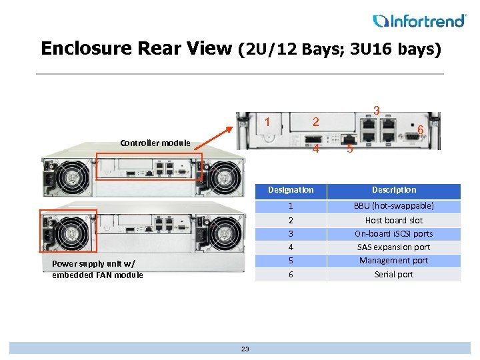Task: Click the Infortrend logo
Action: click(x=419, y=21)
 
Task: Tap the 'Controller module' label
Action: click(x=155, y=143)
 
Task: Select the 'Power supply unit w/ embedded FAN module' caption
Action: click(x=97, y=269)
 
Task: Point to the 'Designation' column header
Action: click(x=291, y=190)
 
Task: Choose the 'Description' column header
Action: click(x=393, y=190)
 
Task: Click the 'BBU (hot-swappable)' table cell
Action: click(x=393, y=206)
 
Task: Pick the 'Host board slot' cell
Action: click(x=393, y=220)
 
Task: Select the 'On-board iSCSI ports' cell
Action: click(x=393, y=234)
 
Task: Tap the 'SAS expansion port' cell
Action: click(x=393, y=247)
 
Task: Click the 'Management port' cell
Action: click(x=393, y=261)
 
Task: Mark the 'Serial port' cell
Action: click(x=393, y=274)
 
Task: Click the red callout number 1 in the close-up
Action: click(x=267, y=123)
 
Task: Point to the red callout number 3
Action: click(x=377, y=110)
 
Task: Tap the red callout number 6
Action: click(x=421, y=130)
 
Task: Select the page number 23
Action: click(x=245, y=349)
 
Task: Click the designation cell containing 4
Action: click(x=291, y=247)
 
